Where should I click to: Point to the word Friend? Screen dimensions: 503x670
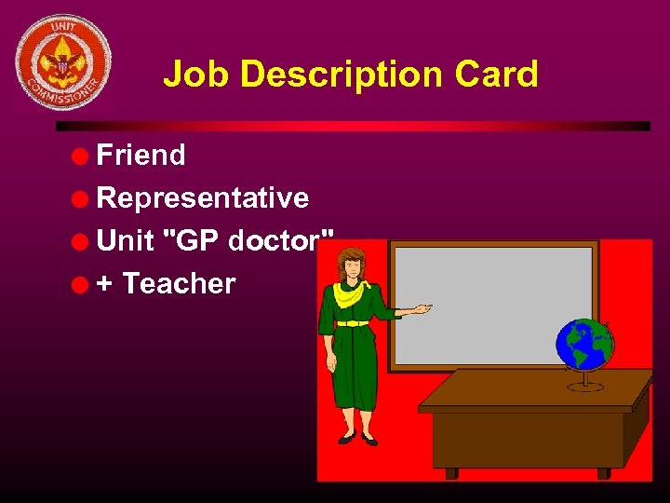point(141,155)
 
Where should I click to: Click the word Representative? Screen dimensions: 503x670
point(202,197)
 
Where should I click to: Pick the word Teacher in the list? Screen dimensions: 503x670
point(179,283)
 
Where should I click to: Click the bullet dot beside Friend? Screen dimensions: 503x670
point(82,156)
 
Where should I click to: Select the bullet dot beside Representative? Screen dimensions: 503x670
point(82,198)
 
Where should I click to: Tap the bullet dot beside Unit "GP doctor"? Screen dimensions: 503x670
point(82,241)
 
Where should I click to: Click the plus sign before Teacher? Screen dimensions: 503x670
point(105,283)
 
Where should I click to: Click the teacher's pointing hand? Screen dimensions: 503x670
point(422,307)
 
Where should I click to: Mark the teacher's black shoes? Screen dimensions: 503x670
point(357,437)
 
